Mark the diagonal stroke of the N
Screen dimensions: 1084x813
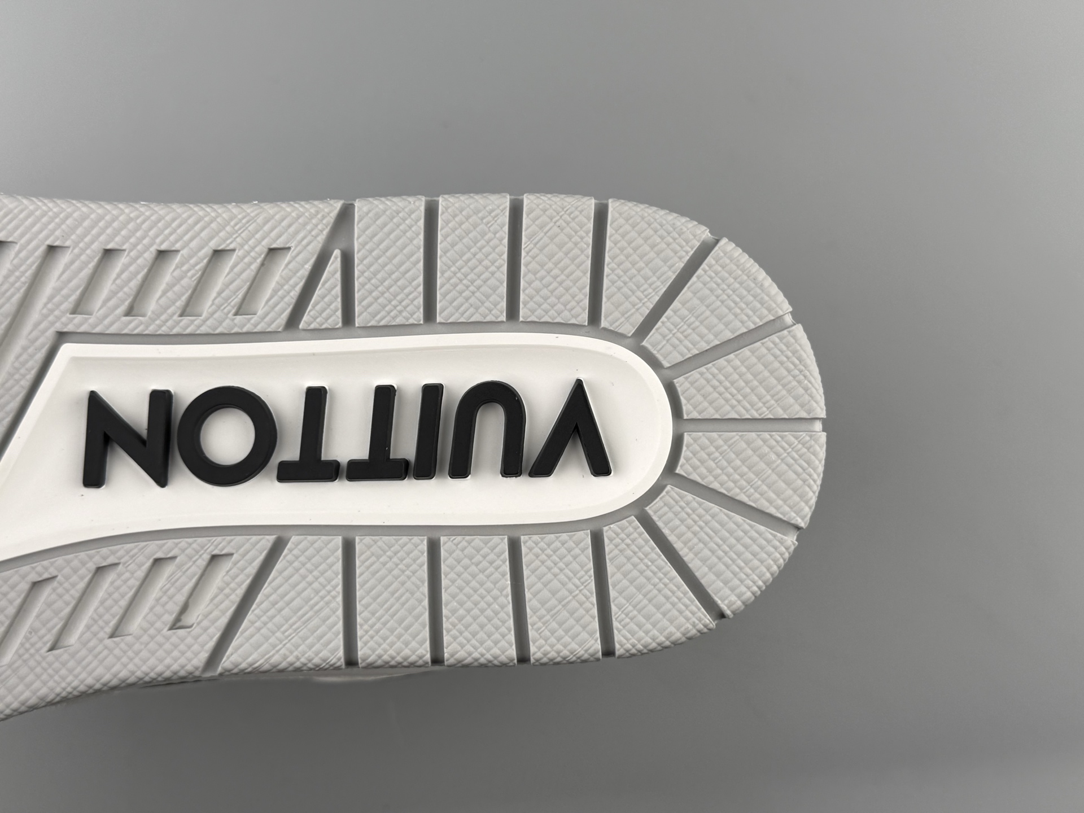pos(128,438)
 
